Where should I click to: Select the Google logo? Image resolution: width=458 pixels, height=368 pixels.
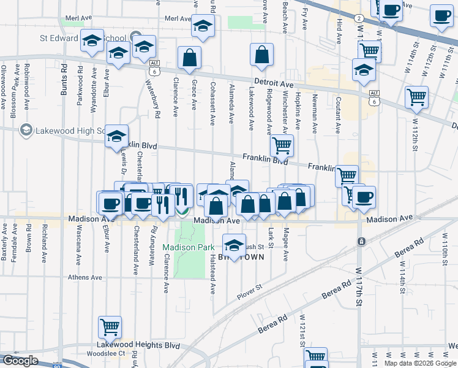click(x=20, y=361)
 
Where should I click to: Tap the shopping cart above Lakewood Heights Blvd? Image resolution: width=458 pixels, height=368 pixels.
click(x=110, y=327)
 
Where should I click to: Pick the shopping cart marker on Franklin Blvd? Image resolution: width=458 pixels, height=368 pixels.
click(x=282, y=145)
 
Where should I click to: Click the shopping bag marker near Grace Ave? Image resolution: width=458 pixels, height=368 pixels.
click(x=190, y=58)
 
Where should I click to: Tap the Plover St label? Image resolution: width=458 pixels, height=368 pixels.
click(x=249, y=292)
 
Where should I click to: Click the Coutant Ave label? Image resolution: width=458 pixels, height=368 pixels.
click(x=338, y=115)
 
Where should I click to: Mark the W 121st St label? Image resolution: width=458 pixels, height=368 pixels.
click(x=302, y=331)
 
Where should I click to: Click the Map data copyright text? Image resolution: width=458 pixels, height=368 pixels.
click(x=420, y=363)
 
